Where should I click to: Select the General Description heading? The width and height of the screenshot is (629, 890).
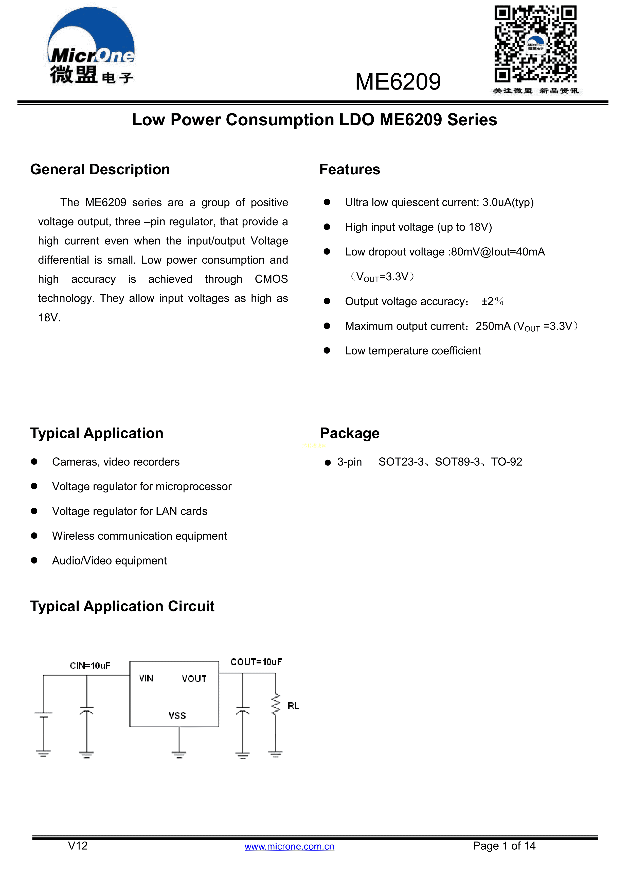pyautogui.click(x=100, y=169)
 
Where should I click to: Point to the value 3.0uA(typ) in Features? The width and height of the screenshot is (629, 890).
pyautogui.click(x=508, y=202)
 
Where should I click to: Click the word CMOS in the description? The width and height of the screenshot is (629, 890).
pyautogui.click(x=271, y=279)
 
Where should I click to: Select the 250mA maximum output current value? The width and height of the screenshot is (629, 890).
pyautogui.click(x=493, y=326)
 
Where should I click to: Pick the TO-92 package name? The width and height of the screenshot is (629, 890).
pyautogui.click(x=507, y=462)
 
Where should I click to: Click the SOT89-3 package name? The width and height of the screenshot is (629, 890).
pyautogui.click(x=457, y=462)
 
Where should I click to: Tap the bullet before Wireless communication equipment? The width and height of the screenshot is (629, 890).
pyautogui.click(x=34, y=536)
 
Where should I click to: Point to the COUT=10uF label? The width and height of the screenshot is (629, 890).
pyautogui.click(x=256, y=662)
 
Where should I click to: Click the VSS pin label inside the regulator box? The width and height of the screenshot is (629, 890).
pyautogui.click(x=177, y=715)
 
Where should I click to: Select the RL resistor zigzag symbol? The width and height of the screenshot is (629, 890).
pyautogui.click(x=275, y=704)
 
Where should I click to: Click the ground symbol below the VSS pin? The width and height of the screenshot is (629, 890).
pyautogui.click(x=179, y=754)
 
